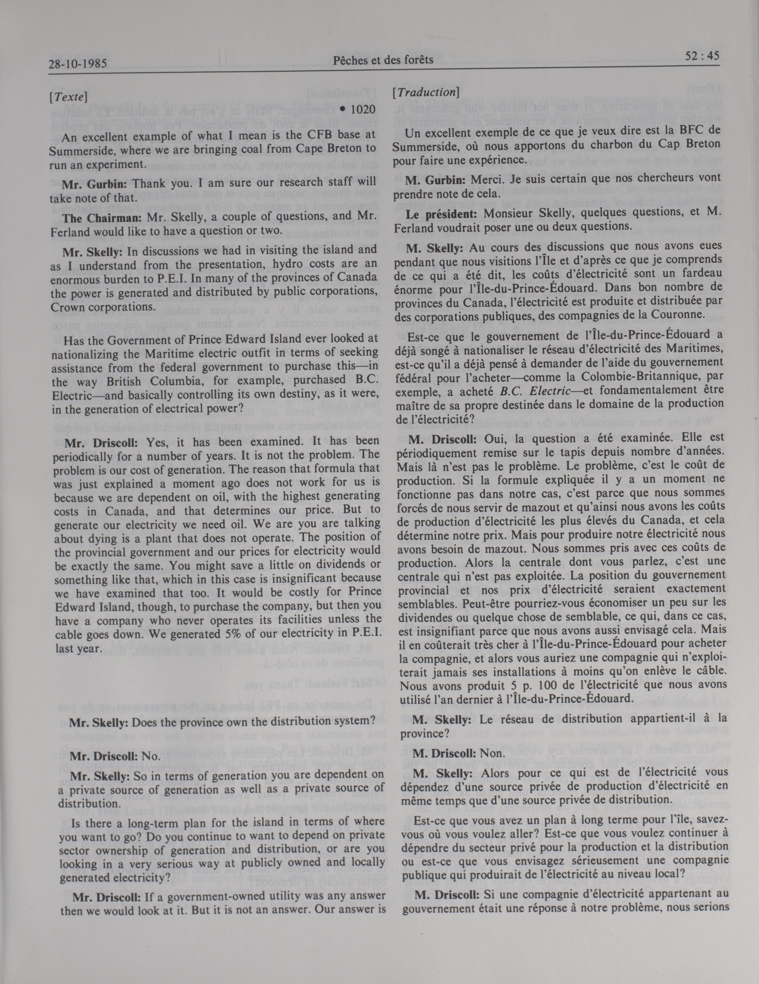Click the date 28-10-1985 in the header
pos(77,64)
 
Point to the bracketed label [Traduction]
pos(425,92)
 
